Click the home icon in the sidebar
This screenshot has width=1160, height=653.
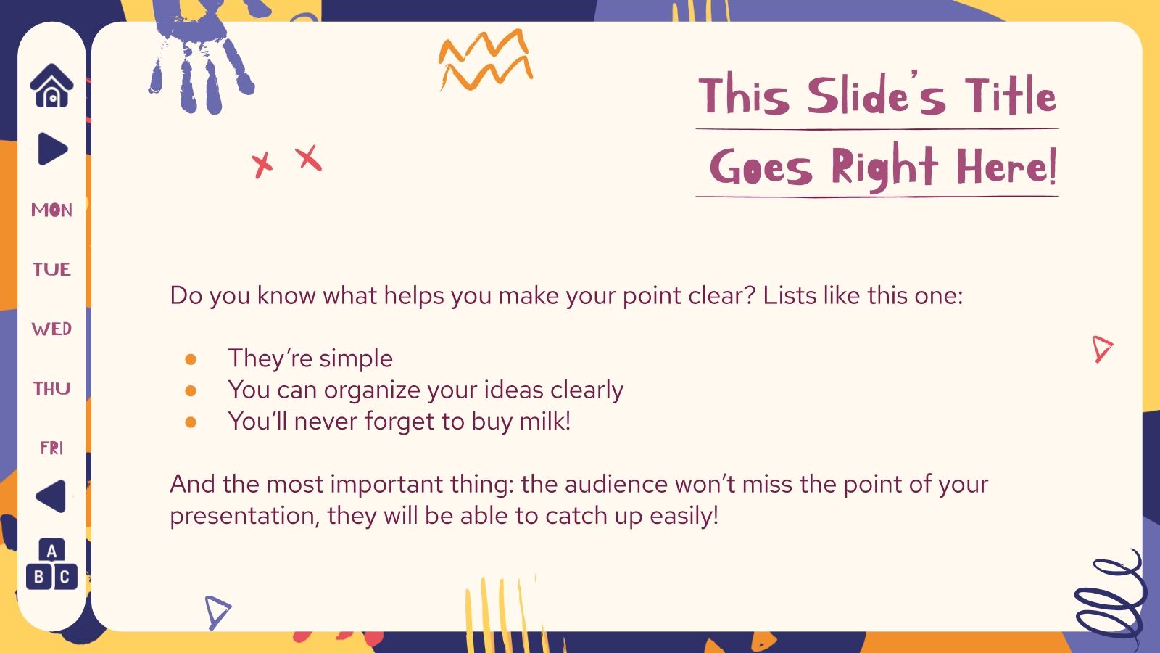(51, 86)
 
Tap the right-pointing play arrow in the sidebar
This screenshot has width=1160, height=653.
(52, 149)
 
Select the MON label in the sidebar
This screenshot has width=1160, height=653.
(51, 210)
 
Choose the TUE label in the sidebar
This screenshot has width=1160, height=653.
(51, 270)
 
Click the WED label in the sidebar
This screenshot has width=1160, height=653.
(51, 329)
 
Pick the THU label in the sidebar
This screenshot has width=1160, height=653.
(51, 389)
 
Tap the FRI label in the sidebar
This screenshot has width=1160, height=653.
(51, 448)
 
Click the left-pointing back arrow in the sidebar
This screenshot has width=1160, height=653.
(51, 497)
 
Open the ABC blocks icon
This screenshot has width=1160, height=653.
(51, 564)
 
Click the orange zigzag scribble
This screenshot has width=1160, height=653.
(485, 59)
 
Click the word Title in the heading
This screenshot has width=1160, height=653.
(1010, 96)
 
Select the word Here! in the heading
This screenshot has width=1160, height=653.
(1006, 167)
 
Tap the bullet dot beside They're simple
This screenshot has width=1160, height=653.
(191, 359)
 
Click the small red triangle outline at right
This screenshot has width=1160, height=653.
(1101, 349)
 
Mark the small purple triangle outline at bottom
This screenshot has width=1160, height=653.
(216, 611)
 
